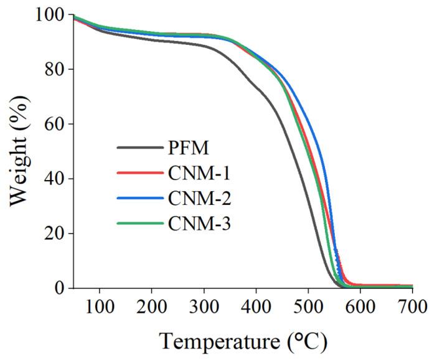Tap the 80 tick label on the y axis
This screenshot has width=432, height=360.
(55, 69)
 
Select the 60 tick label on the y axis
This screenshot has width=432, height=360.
(55, 123)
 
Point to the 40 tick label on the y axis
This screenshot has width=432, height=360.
(55, 178)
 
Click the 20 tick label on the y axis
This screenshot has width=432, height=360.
(55, 233)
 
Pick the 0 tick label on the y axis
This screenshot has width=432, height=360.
(60, 288)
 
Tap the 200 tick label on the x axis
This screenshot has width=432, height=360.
(151, 306)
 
